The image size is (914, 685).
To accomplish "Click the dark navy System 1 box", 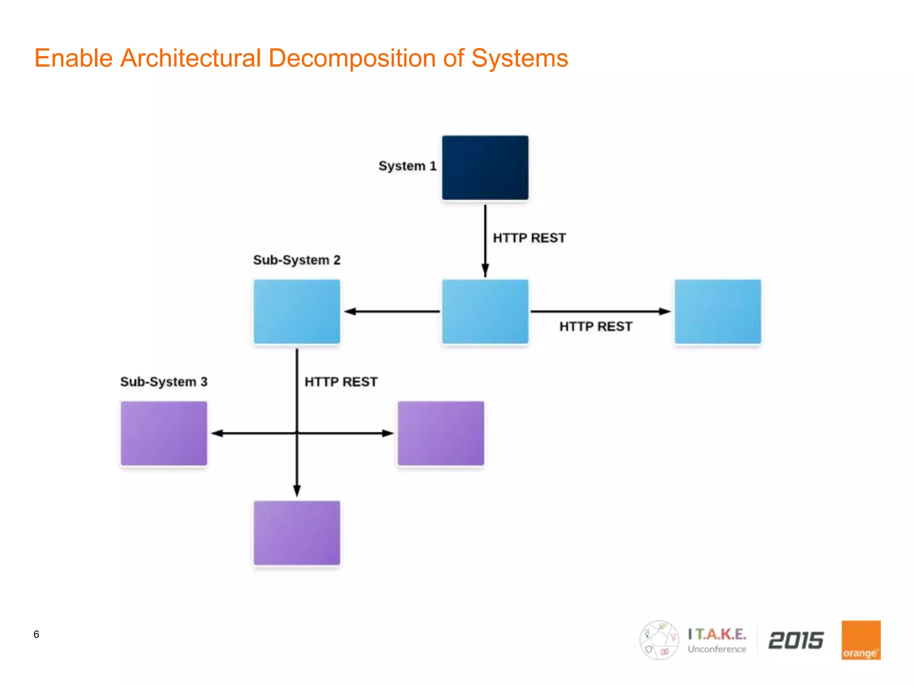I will coord(485,168).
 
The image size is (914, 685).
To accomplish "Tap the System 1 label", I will coord(407,166).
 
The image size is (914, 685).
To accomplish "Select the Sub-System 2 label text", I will coord(297,260).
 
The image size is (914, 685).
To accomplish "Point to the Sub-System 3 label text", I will coord(164,382).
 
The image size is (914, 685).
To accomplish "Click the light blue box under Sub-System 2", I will coord(297,311).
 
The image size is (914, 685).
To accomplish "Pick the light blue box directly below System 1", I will coord(485,311).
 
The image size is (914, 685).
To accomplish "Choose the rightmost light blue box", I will coord(718,311).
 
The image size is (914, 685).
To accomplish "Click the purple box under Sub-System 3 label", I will coord(164,433).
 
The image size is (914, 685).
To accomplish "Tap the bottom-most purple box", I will coord(297,532).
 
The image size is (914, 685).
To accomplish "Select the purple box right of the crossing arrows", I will coord(441,433).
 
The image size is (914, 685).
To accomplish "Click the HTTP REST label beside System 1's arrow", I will coord(529,238).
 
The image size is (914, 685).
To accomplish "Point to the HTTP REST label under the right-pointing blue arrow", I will coord(596,326).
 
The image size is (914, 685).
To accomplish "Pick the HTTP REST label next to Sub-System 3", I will coord(341,382).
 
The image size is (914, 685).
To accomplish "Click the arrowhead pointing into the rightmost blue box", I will coord(665,311).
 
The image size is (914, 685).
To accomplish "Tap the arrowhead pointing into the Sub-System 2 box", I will coord(350,311).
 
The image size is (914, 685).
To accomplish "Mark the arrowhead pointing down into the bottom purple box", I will coord(297,491).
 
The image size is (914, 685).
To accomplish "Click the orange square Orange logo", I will coord(861,640).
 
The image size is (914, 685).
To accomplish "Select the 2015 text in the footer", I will coord(796,640).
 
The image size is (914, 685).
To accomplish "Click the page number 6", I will coord(36,634).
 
